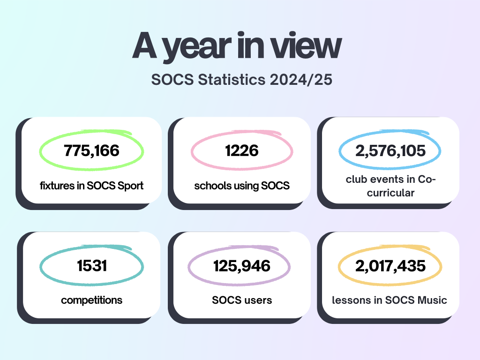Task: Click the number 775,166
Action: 91,151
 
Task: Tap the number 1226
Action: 242,151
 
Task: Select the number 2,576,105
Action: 390,151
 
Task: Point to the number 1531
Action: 92,266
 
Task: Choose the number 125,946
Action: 242,266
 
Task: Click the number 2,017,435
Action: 390,266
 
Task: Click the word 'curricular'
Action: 390,193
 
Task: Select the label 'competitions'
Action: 92,300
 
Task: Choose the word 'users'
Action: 257,300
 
